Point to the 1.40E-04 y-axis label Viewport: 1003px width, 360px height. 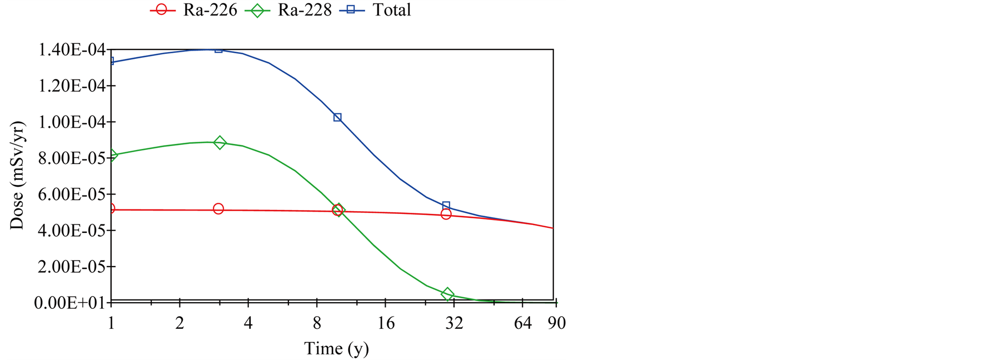point(71,50)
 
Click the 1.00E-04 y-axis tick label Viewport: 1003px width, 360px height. point(71,122)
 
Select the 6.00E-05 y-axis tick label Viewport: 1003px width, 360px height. point(71,194)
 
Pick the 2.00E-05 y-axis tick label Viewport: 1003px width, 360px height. point(71,267)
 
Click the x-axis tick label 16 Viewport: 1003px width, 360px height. point(386,323)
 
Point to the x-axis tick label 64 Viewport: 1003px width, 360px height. point(522,323)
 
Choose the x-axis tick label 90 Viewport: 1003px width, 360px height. point(556,323)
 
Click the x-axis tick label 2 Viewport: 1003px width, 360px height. point(179,323)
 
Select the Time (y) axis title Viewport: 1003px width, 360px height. point(336,349)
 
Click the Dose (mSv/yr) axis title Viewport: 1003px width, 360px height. point(17,175)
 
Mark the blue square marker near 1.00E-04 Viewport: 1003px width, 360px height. point(337,117)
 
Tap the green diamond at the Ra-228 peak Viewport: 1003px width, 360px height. point(220,143)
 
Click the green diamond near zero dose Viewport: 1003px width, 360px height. point(448,294)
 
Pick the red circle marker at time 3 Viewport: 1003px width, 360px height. point(218,209)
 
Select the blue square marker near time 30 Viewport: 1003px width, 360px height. point(446,206)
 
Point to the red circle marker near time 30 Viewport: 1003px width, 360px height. point(446,214)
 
